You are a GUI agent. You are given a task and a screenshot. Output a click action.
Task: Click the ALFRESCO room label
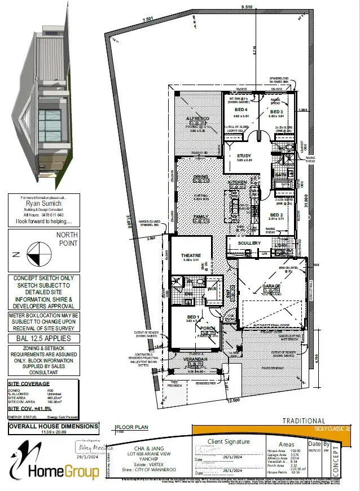click(x=198, y=118)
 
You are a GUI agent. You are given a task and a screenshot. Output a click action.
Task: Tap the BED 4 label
click(x=241, y=109)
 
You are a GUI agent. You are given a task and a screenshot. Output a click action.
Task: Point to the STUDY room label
click(x=244, y=156)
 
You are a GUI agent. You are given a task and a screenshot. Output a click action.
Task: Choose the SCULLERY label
click(x=249, y=243)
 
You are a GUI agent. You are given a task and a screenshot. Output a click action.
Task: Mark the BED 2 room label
click(x=276, y=215)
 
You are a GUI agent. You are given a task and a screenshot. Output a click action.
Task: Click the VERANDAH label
click(x=195, y=359)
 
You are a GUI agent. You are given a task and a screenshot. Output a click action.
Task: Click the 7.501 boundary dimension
click(x=148, y=19)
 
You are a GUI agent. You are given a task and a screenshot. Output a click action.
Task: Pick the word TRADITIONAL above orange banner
click(x=304, y=421)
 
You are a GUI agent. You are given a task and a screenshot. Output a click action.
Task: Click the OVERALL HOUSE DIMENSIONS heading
click(x=53, y=427)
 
